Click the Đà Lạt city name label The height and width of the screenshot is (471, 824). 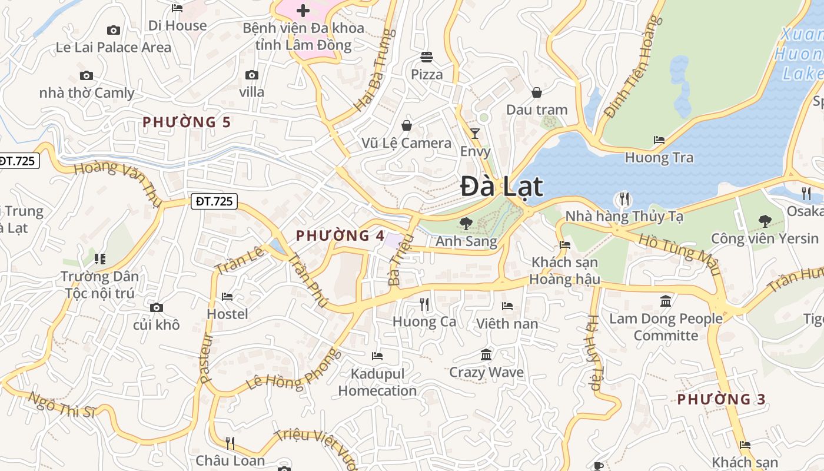tap(501, 187)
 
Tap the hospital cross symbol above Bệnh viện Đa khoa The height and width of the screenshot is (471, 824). tap(303, 10)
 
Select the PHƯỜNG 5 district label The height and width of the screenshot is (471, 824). tap(187, 122)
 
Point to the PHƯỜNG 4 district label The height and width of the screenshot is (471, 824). tap(340, 236)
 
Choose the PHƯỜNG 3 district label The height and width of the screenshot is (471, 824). tap(721, 399)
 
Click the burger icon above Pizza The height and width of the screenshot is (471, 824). tap(427, 57)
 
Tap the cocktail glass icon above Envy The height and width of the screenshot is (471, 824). tap(475, 134)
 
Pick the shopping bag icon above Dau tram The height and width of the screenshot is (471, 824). tap(537, 92)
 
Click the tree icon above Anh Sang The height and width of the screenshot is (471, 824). tap(466, 224)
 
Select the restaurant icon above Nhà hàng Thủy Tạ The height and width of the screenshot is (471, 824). tap(624, 199)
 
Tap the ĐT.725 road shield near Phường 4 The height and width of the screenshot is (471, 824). tap(214, 201)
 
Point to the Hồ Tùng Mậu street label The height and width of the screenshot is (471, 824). tap(680, 255)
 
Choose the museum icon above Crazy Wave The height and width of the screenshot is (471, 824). tap(486, 355)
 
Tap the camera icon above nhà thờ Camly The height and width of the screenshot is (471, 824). tap(87, 75)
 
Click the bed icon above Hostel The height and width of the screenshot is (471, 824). tap(227, 297)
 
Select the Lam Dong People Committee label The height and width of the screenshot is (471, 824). tap(666, 327)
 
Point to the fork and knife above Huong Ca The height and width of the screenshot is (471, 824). tap(424, 304)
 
